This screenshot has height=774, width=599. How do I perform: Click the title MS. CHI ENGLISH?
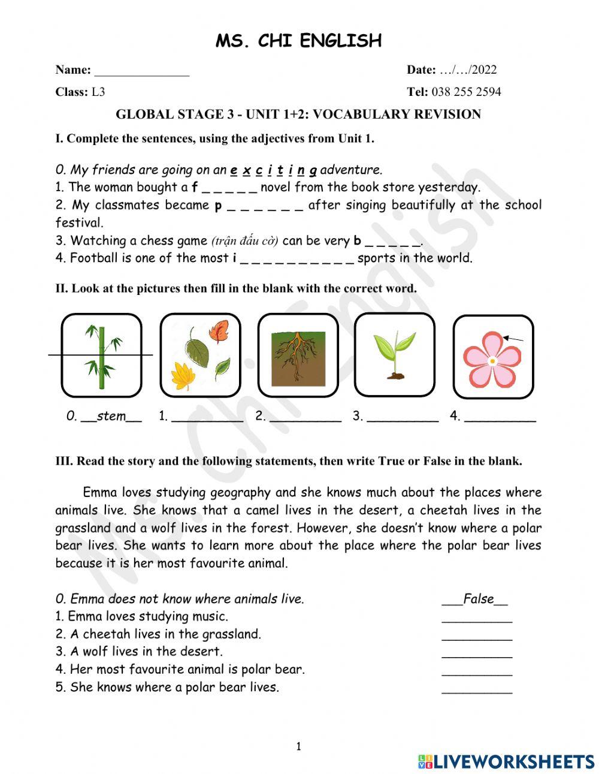pyautogui.click(x=298, y=41)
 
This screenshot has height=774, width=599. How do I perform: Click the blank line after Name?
pyautogui.click(x=142, y=71)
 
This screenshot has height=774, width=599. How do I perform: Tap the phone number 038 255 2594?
pyautogui.click(x=466, y=92)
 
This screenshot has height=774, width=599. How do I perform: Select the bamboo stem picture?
pyautogui.click(x=101, y=356)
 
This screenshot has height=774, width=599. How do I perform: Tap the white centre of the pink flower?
pyautogui.click(x=492, y=361)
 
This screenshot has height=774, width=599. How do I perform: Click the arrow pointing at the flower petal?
pyautogui.click(x=513, y=339)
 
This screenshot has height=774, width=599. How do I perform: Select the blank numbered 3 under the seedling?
pyautogui.click(x=402, y=417)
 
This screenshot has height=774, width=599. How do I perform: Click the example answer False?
pyautogui.click(x=478, y=598)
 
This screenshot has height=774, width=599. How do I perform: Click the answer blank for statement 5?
pyautogui.click(x=477, y=688)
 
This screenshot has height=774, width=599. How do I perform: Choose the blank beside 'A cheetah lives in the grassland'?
pyautogui.click(x=477, y=635)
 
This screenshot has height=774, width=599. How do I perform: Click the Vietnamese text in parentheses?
pyautogui.click(x=244, y=241)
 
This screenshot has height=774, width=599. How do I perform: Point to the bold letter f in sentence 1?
pyautogui.click(x=195, y=187)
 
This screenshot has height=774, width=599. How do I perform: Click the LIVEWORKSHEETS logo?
pyautogui.click(x=506, y=761)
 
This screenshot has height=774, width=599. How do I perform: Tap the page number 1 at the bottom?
pyautogui.click(x=298, y=746)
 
